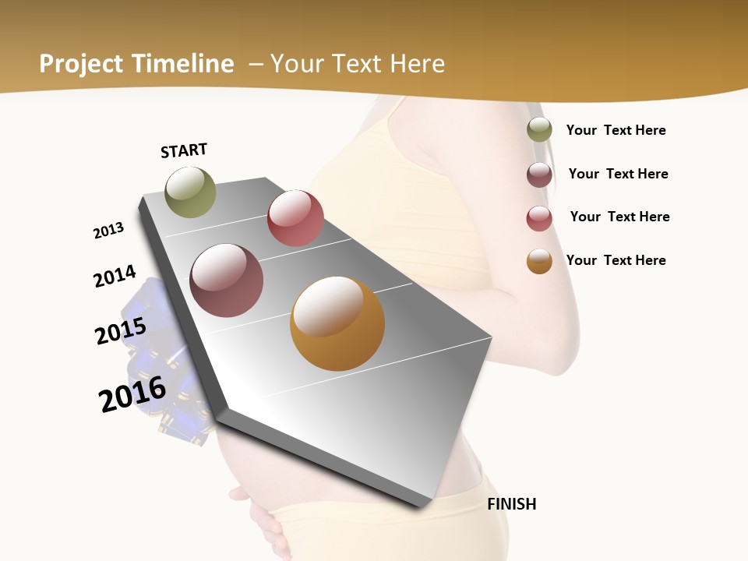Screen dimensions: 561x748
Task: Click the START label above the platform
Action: [x=184, y=150]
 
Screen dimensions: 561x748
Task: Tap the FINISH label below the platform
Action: [x=511, y=504]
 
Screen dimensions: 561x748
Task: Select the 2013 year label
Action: [x=108, y=231]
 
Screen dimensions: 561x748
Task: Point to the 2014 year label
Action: [x=115, y=276]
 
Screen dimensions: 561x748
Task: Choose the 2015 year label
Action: [x=121, y=331]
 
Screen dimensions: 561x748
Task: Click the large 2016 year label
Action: [x=132, y=393]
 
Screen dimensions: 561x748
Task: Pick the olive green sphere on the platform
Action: [x=190, y=192]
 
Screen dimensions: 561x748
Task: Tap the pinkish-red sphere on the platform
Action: [x=295, y=218]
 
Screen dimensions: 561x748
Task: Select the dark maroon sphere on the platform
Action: [x=226, y=280]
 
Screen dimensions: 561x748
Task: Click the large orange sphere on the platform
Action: [x=337, y=323]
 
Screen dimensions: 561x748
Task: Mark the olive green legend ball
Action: [x=539, y=130]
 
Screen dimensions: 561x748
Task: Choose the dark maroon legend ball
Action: [x=539, y=175]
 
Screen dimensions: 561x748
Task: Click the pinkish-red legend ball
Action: [x=539, y=218]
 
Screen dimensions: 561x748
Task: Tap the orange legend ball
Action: [x=539, y=261]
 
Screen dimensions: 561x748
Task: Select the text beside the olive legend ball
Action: [x=616, y=130]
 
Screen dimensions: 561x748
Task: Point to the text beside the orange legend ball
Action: [x=616, y=260]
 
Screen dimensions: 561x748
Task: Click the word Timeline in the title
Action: [x=184, y=64]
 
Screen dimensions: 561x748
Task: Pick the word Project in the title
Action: [x=81, y=64]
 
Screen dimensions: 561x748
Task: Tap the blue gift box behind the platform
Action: [x=160, y=366]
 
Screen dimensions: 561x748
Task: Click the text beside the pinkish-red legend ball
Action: [x=619, y=217]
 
